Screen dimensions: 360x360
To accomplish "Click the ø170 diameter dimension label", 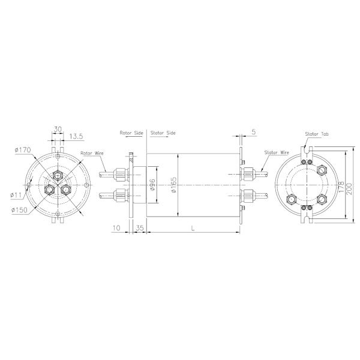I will (22, 150).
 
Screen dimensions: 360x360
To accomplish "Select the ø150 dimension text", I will (20, 209).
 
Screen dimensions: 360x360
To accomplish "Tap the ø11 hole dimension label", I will (16, 194).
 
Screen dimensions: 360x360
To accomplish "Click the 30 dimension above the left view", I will (58, 128).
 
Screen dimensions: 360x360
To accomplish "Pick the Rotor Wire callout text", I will (92, 154).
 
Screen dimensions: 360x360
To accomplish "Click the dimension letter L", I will (191, 228).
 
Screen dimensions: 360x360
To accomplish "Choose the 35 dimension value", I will (139, 228).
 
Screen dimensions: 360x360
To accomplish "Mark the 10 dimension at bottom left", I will (117, 228).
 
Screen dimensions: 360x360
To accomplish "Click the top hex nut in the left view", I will (58, 175).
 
